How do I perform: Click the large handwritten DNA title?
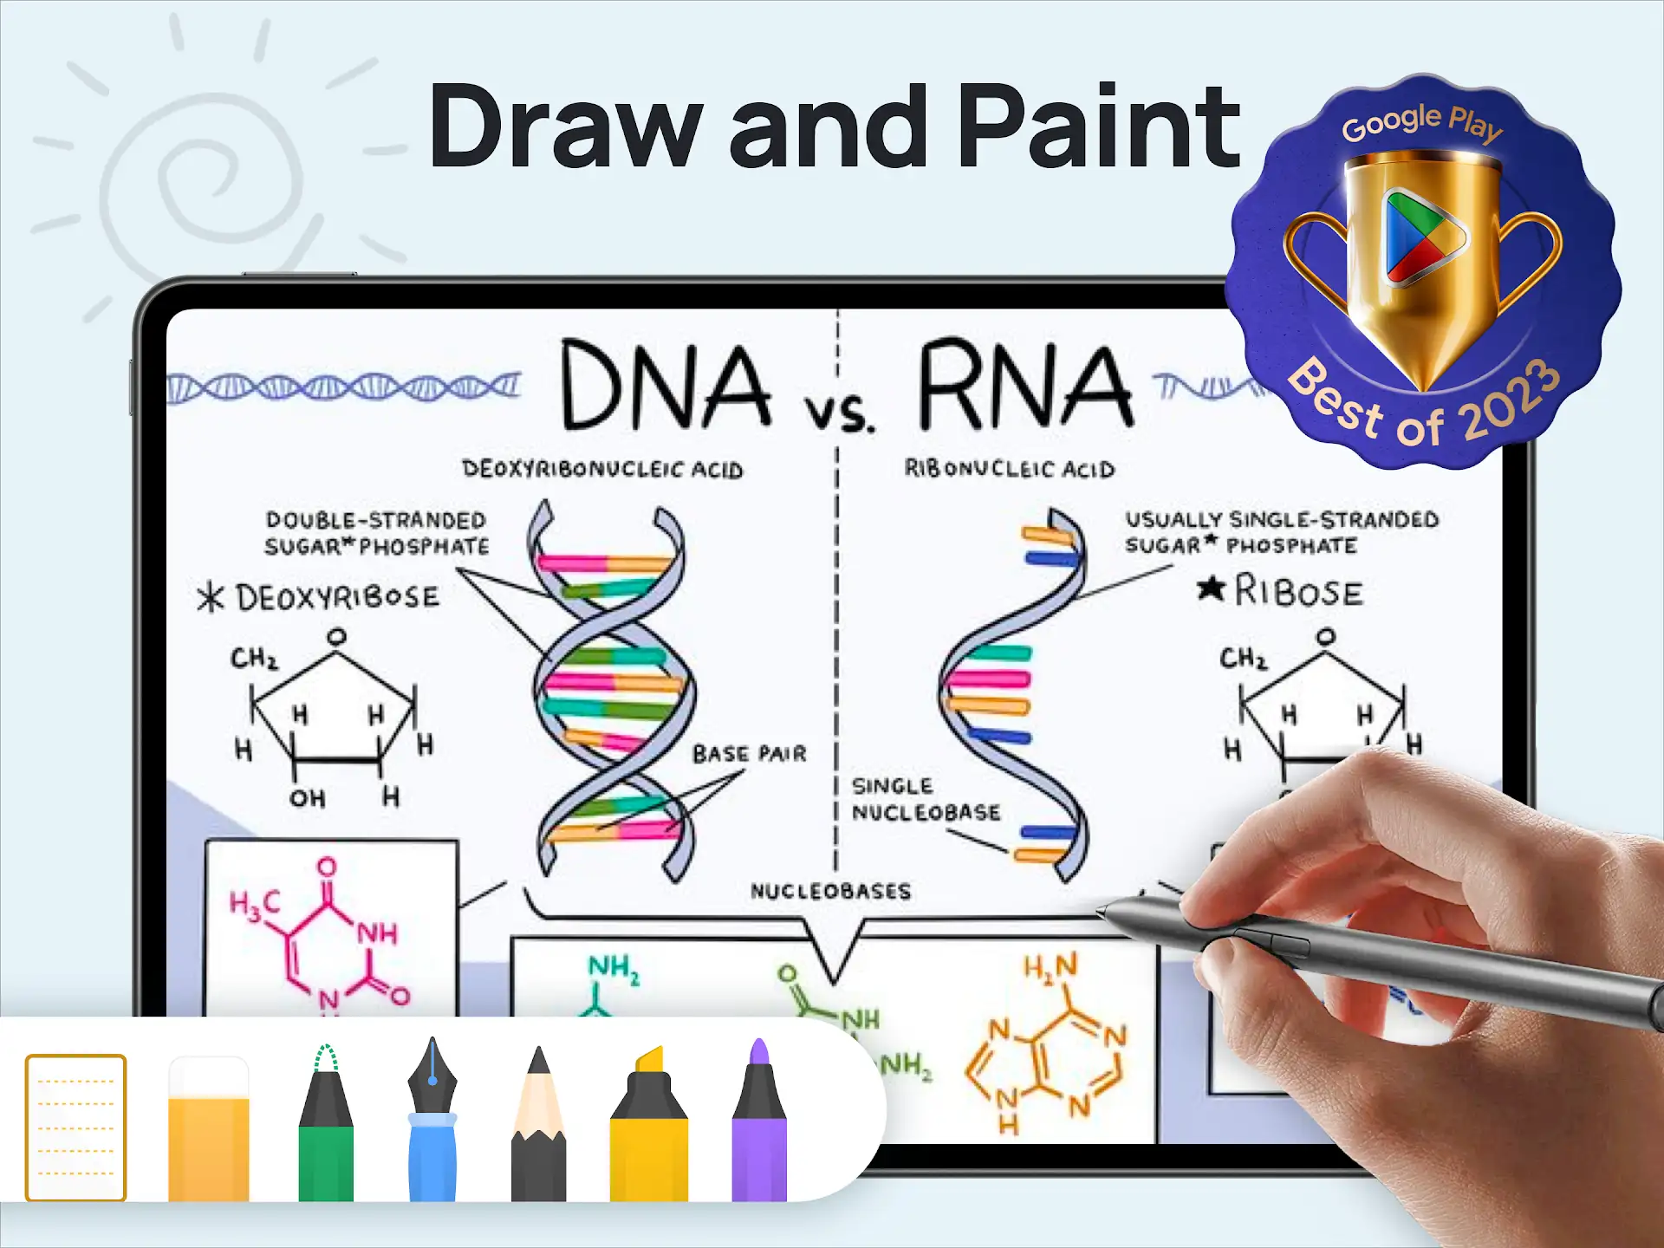click(666, 384)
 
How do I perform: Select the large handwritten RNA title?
click(1026, 383)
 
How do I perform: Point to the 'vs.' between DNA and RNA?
click(839, 413)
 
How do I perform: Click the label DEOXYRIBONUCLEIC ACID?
click(602, 469)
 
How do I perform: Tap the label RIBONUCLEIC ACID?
click(1010, 468)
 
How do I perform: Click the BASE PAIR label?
click(749, 753)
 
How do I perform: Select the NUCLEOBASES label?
click(830, 891)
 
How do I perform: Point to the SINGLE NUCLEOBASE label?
click(926, 799)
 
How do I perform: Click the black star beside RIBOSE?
click(1211, 588)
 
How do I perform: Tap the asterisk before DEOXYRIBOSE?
click(211, 597)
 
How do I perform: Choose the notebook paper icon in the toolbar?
click(76, 1128)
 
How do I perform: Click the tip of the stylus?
click(1098, 910)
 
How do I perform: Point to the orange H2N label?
click(1050, 966)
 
